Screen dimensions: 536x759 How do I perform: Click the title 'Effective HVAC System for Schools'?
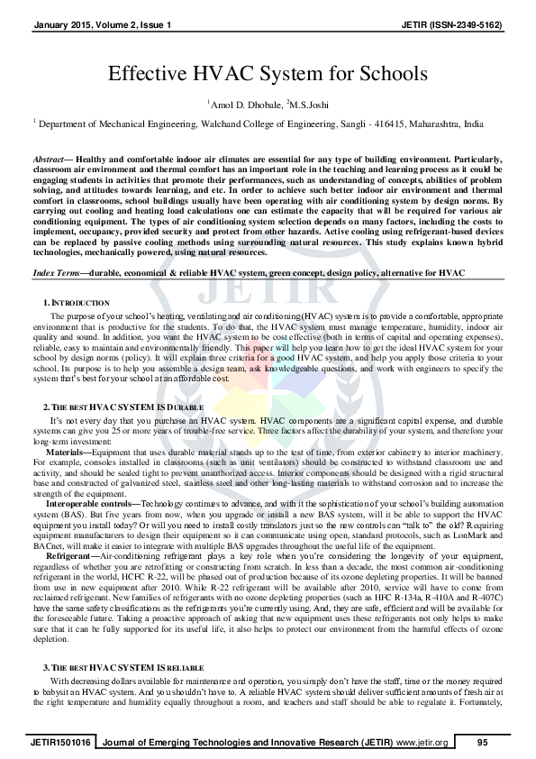coord(268,74)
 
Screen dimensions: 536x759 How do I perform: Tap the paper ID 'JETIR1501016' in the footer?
coord(59,741)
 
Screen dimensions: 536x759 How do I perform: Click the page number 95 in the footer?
coord(482,741)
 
